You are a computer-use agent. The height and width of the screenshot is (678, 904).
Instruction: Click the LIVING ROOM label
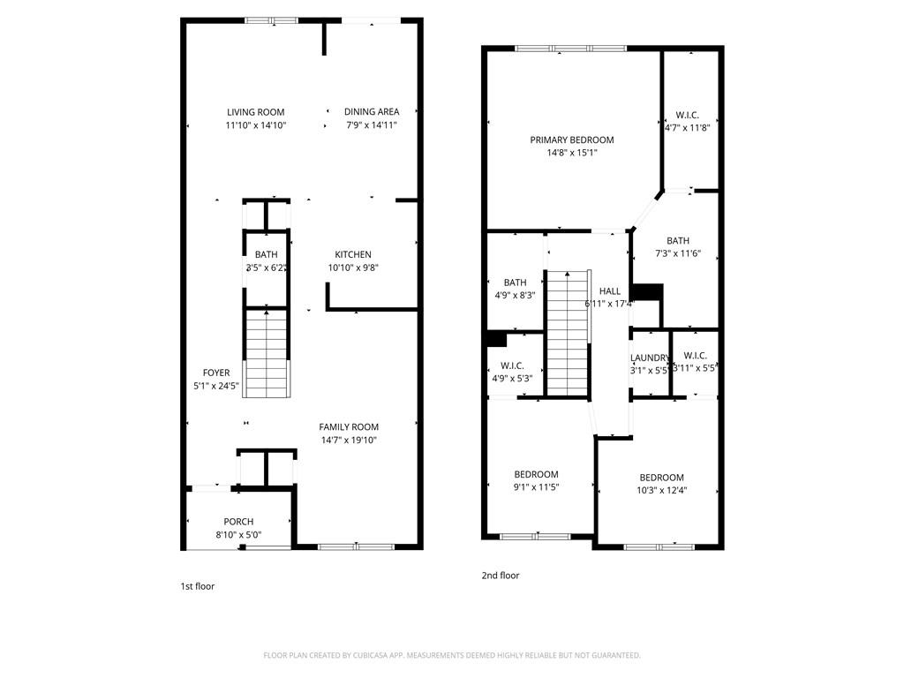point(256,112)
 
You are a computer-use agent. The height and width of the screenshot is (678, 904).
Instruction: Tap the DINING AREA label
point(372,112)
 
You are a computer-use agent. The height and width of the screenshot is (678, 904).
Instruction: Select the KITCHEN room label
point(353,255)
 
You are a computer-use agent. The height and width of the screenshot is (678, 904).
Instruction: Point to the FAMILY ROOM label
point(349,427)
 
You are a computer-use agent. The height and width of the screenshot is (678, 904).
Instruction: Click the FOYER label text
point(216,373)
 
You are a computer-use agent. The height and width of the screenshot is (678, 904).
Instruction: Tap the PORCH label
point(238,522)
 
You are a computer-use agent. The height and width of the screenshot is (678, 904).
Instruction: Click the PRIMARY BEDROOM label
point(572,140)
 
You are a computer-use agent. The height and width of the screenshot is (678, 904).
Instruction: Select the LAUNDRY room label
point(650,358)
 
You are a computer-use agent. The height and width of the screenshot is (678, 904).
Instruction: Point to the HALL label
point(610,291)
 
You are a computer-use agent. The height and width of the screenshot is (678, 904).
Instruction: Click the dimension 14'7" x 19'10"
point(349,441)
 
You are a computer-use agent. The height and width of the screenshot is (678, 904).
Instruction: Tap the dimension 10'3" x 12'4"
point(662,491)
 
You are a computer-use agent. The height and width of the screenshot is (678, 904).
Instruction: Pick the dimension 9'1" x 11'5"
point(537,486)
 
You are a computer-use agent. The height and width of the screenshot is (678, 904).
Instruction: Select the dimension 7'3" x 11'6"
point(679,254)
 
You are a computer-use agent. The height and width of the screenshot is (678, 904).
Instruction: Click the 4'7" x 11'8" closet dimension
point(688,127)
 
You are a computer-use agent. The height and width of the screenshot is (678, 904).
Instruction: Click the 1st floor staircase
point(266,353)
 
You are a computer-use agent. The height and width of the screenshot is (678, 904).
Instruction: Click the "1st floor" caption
point(198,586)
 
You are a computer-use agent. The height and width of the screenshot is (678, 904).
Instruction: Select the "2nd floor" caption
point(501,576)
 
